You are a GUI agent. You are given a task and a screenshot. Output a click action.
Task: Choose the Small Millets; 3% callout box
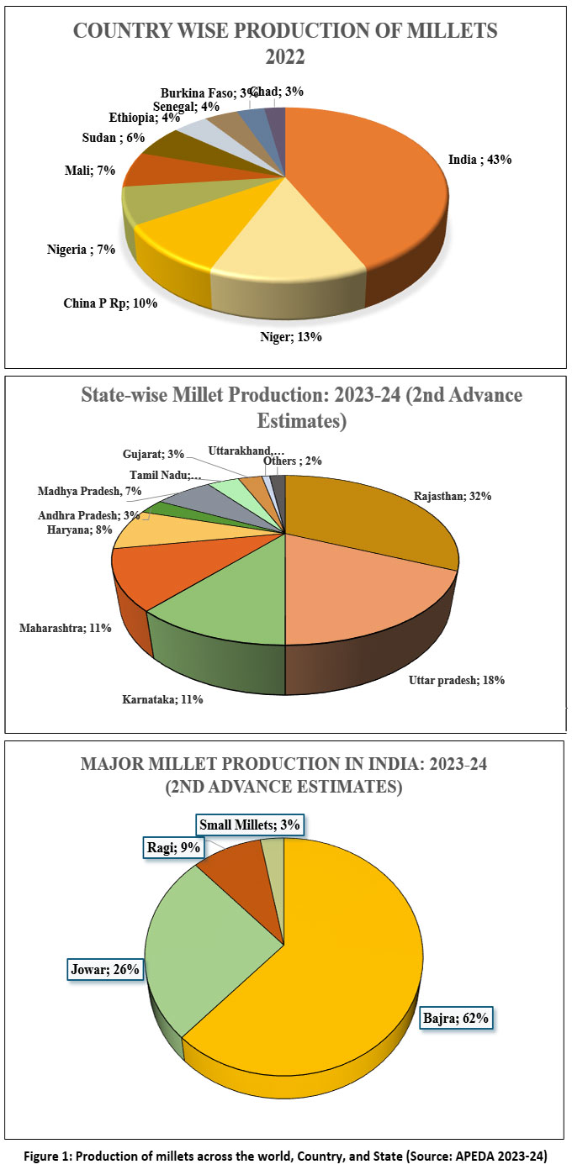click(249, 825)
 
